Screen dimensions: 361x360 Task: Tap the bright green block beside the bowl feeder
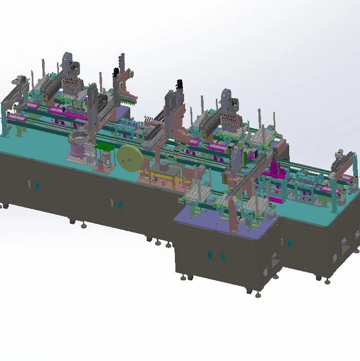[105, 148]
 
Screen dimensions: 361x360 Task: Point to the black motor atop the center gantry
[179, 84]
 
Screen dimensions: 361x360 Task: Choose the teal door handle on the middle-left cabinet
[119, 205]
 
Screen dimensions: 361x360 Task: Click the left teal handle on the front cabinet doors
[209, 255]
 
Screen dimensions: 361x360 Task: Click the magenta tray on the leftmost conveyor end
[16, 119]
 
